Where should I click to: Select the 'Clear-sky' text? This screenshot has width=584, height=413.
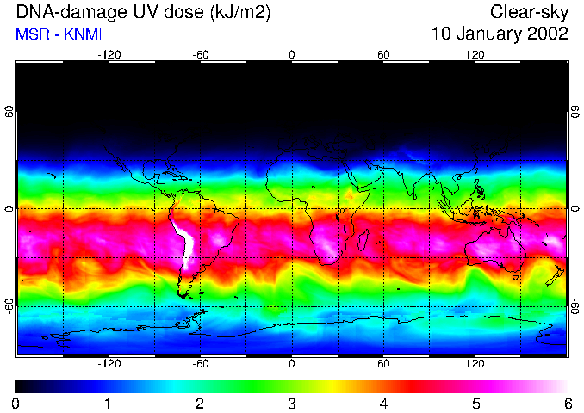click(x=529, y=13)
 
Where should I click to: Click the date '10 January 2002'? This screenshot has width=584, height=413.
click(x=500, y=34)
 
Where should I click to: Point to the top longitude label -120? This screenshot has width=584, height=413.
click(x=109, y=54)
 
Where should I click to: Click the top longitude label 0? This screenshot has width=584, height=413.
click(x=292, y=54)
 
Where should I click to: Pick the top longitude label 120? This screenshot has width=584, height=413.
click(x=475, y=54)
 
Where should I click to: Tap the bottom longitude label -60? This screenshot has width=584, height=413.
click(x=200, y=364)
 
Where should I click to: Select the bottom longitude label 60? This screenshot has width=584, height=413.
click(x=383, y=364)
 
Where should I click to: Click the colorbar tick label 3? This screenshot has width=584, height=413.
click(x=292, y=403)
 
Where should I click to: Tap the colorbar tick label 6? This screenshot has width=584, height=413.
click(x=566, y=403)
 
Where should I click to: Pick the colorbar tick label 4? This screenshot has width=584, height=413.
click(x=383, y=403)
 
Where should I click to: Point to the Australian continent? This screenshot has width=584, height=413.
click(x=494, y=250)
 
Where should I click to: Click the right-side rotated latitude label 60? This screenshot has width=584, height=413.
click(x=575, y=112)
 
